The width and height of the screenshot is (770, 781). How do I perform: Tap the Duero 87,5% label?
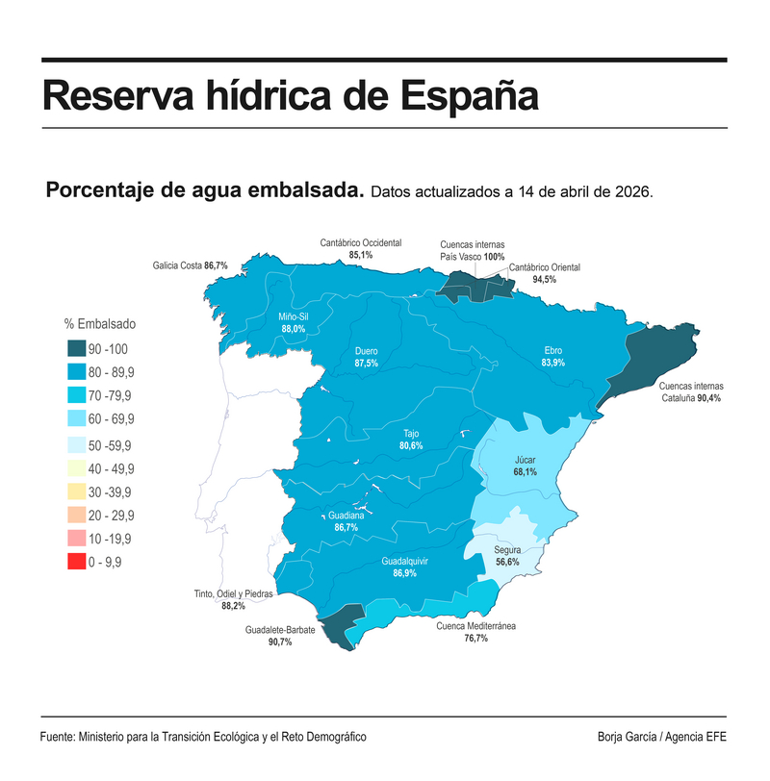(x=366, y=357)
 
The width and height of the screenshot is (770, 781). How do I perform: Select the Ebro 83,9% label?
(x=552, y=357)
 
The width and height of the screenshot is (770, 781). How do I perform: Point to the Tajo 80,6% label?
(x=411, y=440)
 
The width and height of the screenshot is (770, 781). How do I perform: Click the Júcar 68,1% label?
(x=525, y=466)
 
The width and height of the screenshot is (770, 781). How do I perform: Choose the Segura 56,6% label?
(x=507, y=555)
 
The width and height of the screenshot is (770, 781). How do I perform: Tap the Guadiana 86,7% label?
(x=346, y=521)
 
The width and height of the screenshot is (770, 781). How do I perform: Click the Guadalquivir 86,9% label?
(x=404, y=567)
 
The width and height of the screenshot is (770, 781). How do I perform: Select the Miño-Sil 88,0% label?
(x=294, y=322)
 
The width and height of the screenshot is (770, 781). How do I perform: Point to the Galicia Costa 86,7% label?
(x=190, y=265)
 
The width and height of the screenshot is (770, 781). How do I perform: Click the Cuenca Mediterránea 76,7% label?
(x=475, y=632)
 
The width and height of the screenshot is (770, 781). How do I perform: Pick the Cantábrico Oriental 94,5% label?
(x=544, y=273)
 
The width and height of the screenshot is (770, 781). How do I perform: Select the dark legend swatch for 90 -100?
(x=77, y=348)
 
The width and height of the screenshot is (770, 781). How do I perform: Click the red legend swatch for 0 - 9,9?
(x=77, y=562)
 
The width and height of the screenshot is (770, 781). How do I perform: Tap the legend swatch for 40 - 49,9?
(x=77, y=468)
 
